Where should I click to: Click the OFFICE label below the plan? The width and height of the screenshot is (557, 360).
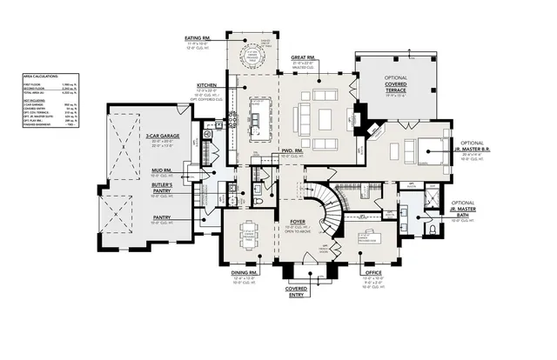[372, 273]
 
